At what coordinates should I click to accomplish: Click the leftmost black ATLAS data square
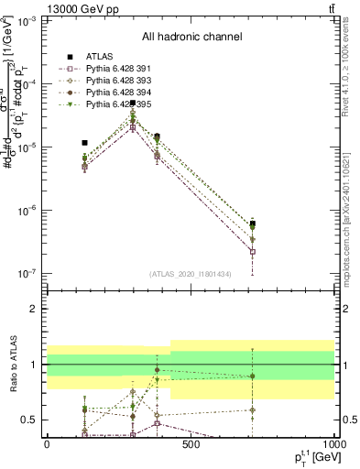click(84, 143)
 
